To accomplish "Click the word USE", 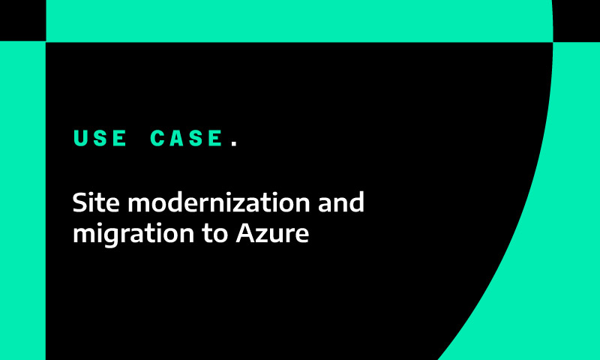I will [100, 139].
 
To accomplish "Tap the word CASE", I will [187, 139].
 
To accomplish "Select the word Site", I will [94, 202].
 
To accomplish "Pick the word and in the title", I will [341, 202].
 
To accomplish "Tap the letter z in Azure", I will [262, 235].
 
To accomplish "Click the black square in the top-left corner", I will [22, 20].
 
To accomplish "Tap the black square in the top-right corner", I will [577, 20].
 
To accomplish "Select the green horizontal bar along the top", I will [300, 20].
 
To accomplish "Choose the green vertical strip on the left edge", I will [22, 202].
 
